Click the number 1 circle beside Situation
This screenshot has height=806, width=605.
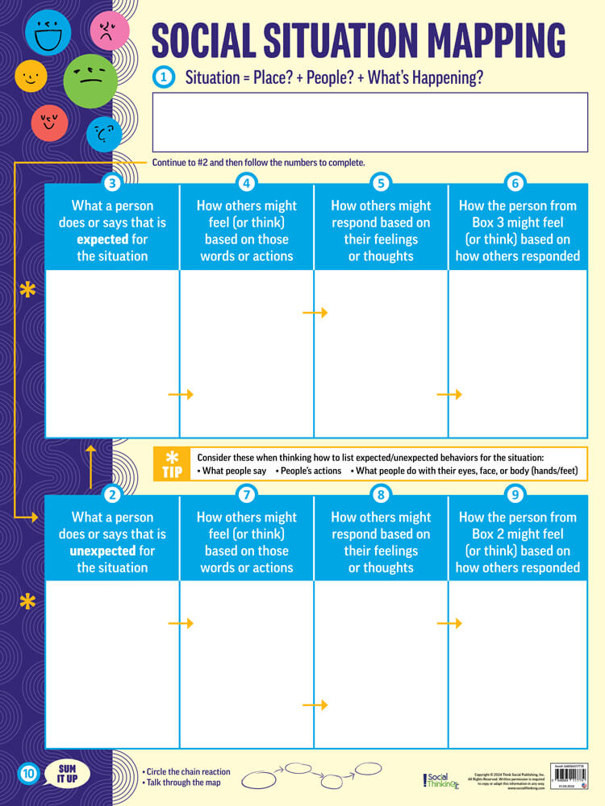click(x=164, y=77)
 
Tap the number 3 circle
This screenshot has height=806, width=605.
click(x=113, y=182)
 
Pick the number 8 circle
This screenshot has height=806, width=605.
click(x=382, y=493)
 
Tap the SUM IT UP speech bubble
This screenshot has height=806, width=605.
click(x=68, y=775)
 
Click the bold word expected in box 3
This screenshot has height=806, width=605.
click(x=102, y=239)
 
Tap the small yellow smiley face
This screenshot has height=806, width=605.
click(x=31, y=77)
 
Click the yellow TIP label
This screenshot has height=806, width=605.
click(x=172, y=464)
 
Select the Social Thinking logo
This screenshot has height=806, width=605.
click(x=440, y=779)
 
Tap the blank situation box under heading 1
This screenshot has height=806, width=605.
click(x=369, y=122)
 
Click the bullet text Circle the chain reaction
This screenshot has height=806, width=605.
click(x=186, y=771)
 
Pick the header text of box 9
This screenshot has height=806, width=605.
click(x=517, y=542)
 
